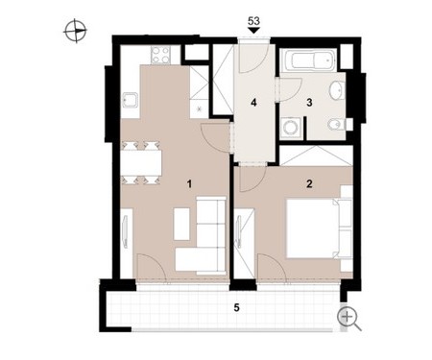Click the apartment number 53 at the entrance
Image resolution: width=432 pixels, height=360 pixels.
[253, 21]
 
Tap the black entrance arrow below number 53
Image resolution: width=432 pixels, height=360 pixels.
[253, 31]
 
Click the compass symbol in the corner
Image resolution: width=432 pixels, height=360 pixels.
[76, 31]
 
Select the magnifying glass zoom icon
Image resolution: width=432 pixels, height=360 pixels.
[349, 319]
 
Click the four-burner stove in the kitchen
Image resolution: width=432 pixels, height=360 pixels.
[160, 55]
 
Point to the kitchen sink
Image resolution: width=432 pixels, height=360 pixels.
[130, 101]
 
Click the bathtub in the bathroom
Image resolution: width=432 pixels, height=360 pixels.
[309, 60]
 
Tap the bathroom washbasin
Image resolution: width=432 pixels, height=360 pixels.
[337, 90]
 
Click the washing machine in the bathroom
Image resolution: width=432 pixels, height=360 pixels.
[291, 128]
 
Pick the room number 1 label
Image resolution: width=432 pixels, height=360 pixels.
[190, 184]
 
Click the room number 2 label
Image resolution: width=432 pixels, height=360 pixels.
[309, 184]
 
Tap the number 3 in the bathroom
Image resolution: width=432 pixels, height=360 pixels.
[309, 103]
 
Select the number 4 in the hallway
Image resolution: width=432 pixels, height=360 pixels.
[253, 103]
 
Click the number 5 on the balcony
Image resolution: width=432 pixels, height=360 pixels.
[236, 308]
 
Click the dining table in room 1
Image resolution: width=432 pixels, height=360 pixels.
[141, 162]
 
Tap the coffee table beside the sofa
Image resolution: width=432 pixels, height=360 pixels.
[181, 224]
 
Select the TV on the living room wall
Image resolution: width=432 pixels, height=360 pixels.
[125, 231]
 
